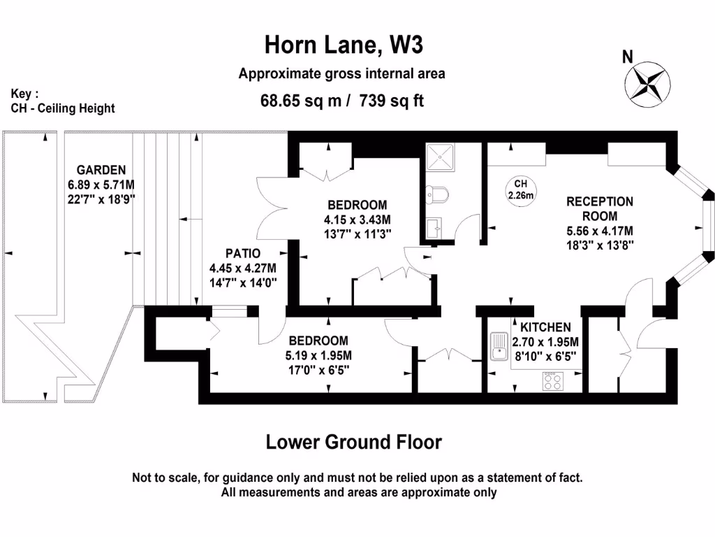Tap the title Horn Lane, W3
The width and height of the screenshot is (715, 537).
[x=344, y=45]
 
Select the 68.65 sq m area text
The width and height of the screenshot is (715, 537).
[x=301, y=101]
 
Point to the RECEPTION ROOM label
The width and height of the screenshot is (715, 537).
[x=599, y=208]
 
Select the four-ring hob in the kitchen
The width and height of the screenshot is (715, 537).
[x=553, y=380]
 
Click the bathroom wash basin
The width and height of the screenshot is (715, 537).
[x=434, y=227]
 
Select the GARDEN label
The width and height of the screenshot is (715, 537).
[x=101, y=170]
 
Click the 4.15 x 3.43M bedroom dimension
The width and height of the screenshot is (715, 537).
[x=357, y=220]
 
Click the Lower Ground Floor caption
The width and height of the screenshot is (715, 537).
[x=354, y=442]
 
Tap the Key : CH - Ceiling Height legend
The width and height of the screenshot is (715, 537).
[x=63, y=101]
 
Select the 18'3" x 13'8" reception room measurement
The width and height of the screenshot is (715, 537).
[x=599, y=245]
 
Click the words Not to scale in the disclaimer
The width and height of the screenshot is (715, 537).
[x=165, y=478]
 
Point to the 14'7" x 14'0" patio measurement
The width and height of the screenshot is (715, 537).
[x=242, y=282]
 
